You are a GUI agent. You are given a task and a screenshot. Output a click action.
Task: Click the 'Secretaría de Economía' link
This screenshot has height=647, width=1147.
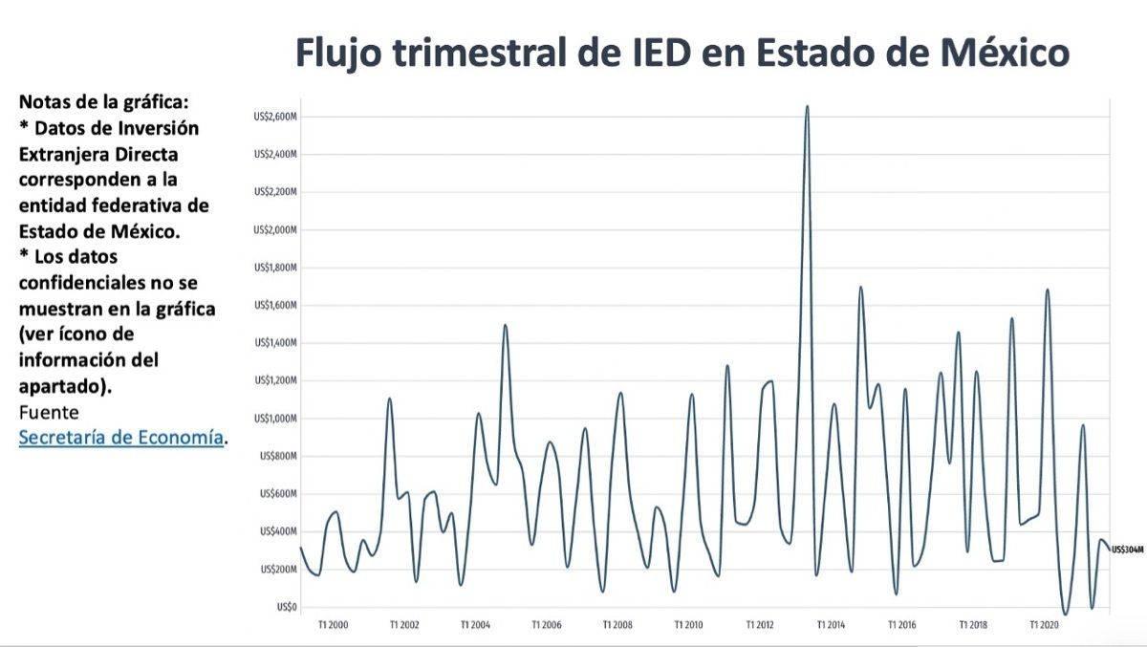121,438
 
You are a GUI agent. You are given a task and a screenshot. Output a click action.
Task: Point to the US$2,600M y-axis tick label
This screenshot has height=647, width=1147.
276,117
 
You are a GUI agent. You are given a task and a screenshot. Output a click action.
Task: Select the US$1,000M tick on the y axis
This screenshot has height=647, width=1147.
276,419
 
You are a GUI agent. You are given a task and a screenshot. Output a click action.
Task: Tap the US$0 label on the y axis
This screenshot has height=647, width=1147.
288,607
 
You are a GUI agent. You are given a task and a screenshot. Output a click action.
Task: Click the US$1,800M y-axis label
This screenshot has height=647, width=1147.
276,268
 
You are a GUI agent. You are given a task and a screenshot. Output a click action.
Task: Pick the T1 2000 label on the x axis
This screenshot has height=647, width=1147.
334,625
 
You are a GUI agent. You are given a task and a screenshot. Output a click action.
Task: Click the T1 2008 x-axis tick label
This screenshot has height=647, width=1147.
617,625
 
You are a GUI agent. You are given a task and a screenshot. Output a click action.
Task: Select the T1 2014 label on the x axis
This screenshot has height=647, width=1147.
830,625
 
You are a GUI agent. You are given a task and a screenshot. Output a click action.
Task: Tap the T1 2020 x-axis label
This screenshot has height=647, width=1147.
1043,625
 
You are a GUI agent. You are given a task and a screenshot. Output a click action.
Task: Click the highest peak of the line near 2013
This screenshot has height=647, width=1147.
807,106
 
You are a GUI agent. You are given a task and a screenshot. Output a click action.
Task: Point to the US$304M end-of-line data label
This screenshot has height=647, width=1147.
1127,550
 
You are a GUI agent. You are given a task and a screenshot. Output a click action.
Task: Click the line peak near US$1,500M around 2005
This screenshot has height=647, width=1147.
505,325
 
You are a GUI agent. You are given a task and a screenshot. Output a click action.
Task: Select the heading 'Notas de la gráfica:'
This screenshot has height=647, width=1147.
97,102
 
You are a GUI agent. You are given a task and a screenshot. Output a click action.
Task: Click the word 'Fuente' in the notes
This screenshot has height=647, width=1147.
49,412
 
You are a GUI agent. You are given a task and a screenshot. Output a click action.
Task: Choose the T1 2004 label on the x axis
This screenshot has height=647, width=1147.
475,625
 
